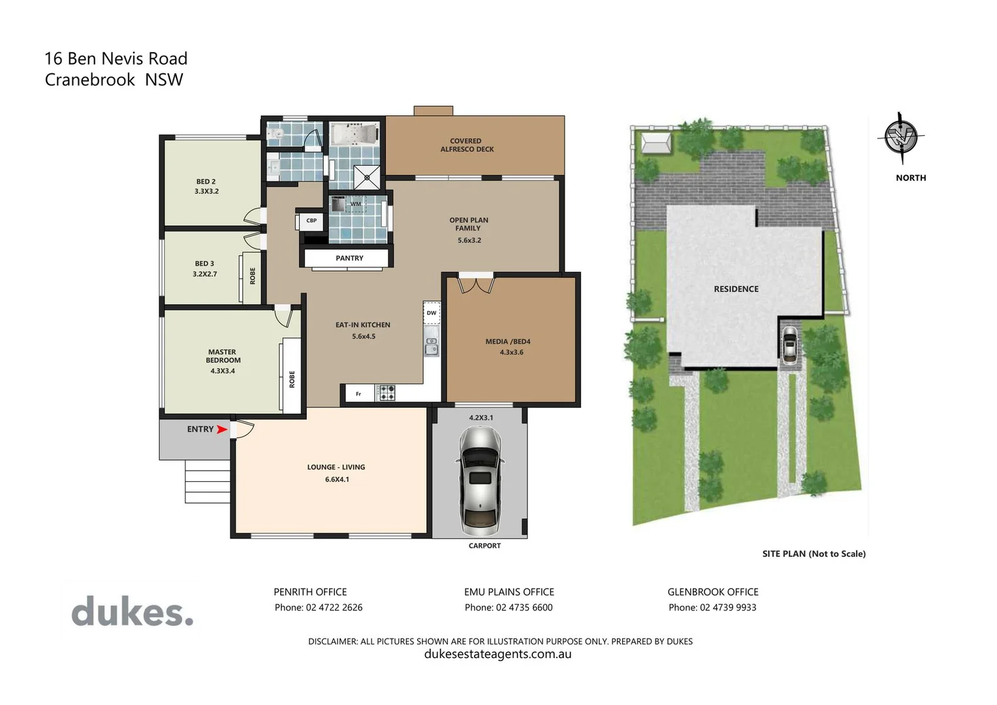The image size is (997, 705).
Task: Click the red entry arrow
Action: [222, 430]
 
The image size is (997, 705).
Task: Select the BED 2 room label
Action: [206, 187]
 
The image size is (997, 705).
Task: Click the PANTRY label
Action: [349, 258]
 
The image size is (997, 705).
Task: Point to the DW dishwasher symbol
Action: [432, 313]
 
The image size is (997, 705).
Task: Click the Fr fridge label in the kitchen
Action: [358, 394]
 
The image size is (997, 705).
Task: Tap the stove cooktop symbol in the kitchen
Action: [387, 393]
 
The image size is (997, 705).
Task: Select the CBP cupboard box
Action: [311, 221]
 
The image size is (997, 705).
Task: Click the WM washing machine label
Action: [355, 204]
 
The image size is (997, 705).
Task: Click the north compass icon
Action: [901, 138]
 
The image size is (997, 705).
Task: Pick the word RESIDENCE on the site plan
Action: [736, 289]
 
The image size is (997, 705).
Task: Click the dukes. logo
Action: [133, 612]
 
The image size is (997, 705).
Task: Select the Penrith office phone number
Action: [319, 608]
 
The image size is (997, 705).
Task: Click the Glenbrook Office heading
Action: [712, 592]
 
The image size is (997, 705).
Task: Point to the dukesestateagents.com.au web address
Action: [498, 654]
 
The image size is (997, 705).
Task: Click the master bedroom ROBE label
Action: [292, 379]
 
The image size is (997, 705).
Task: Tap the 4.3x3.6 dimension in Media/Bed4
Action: [511, 352]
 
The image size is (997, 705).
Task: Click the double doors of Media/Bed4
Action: [476, 285]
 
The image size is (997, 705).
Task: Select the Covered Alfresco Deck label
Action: [466, 145]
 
